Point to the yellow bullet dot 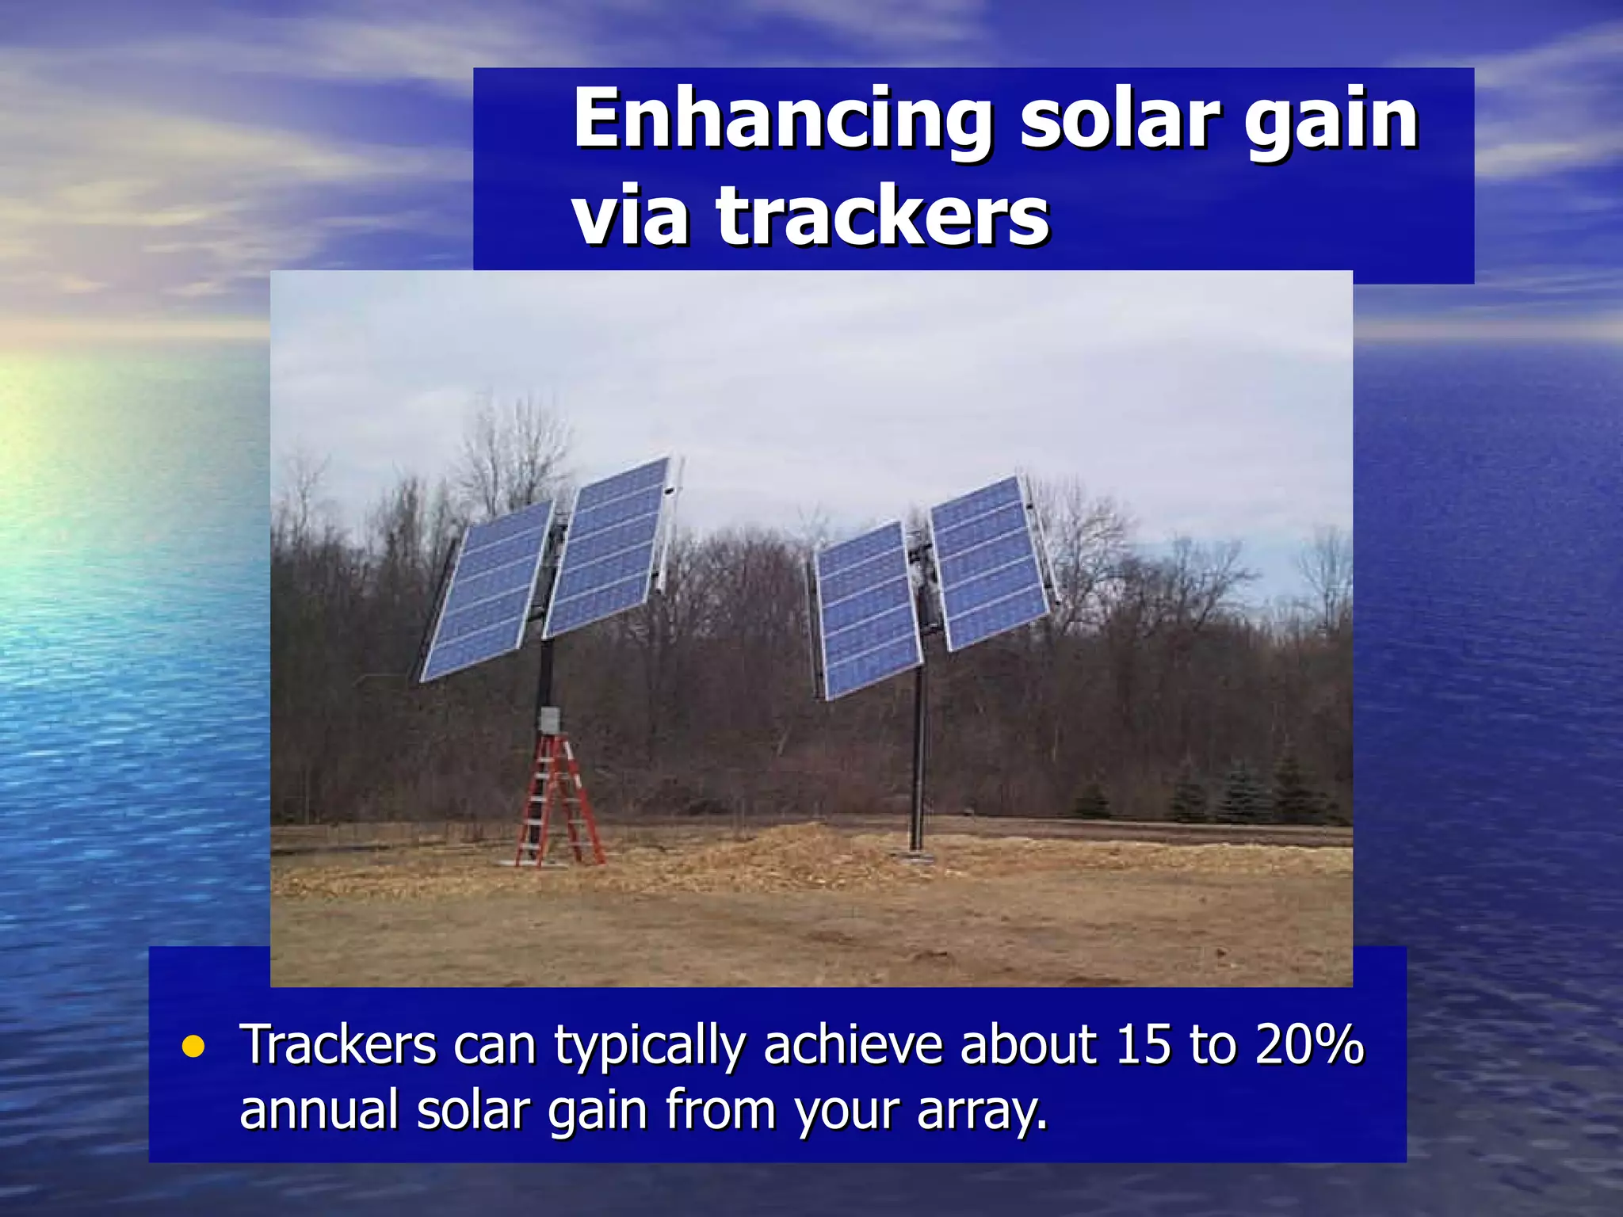[193, 1047]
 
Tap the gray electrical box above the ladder [549, 720]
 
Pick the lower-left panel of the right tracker [868, 610]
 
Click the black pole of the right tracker [918, 761]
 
